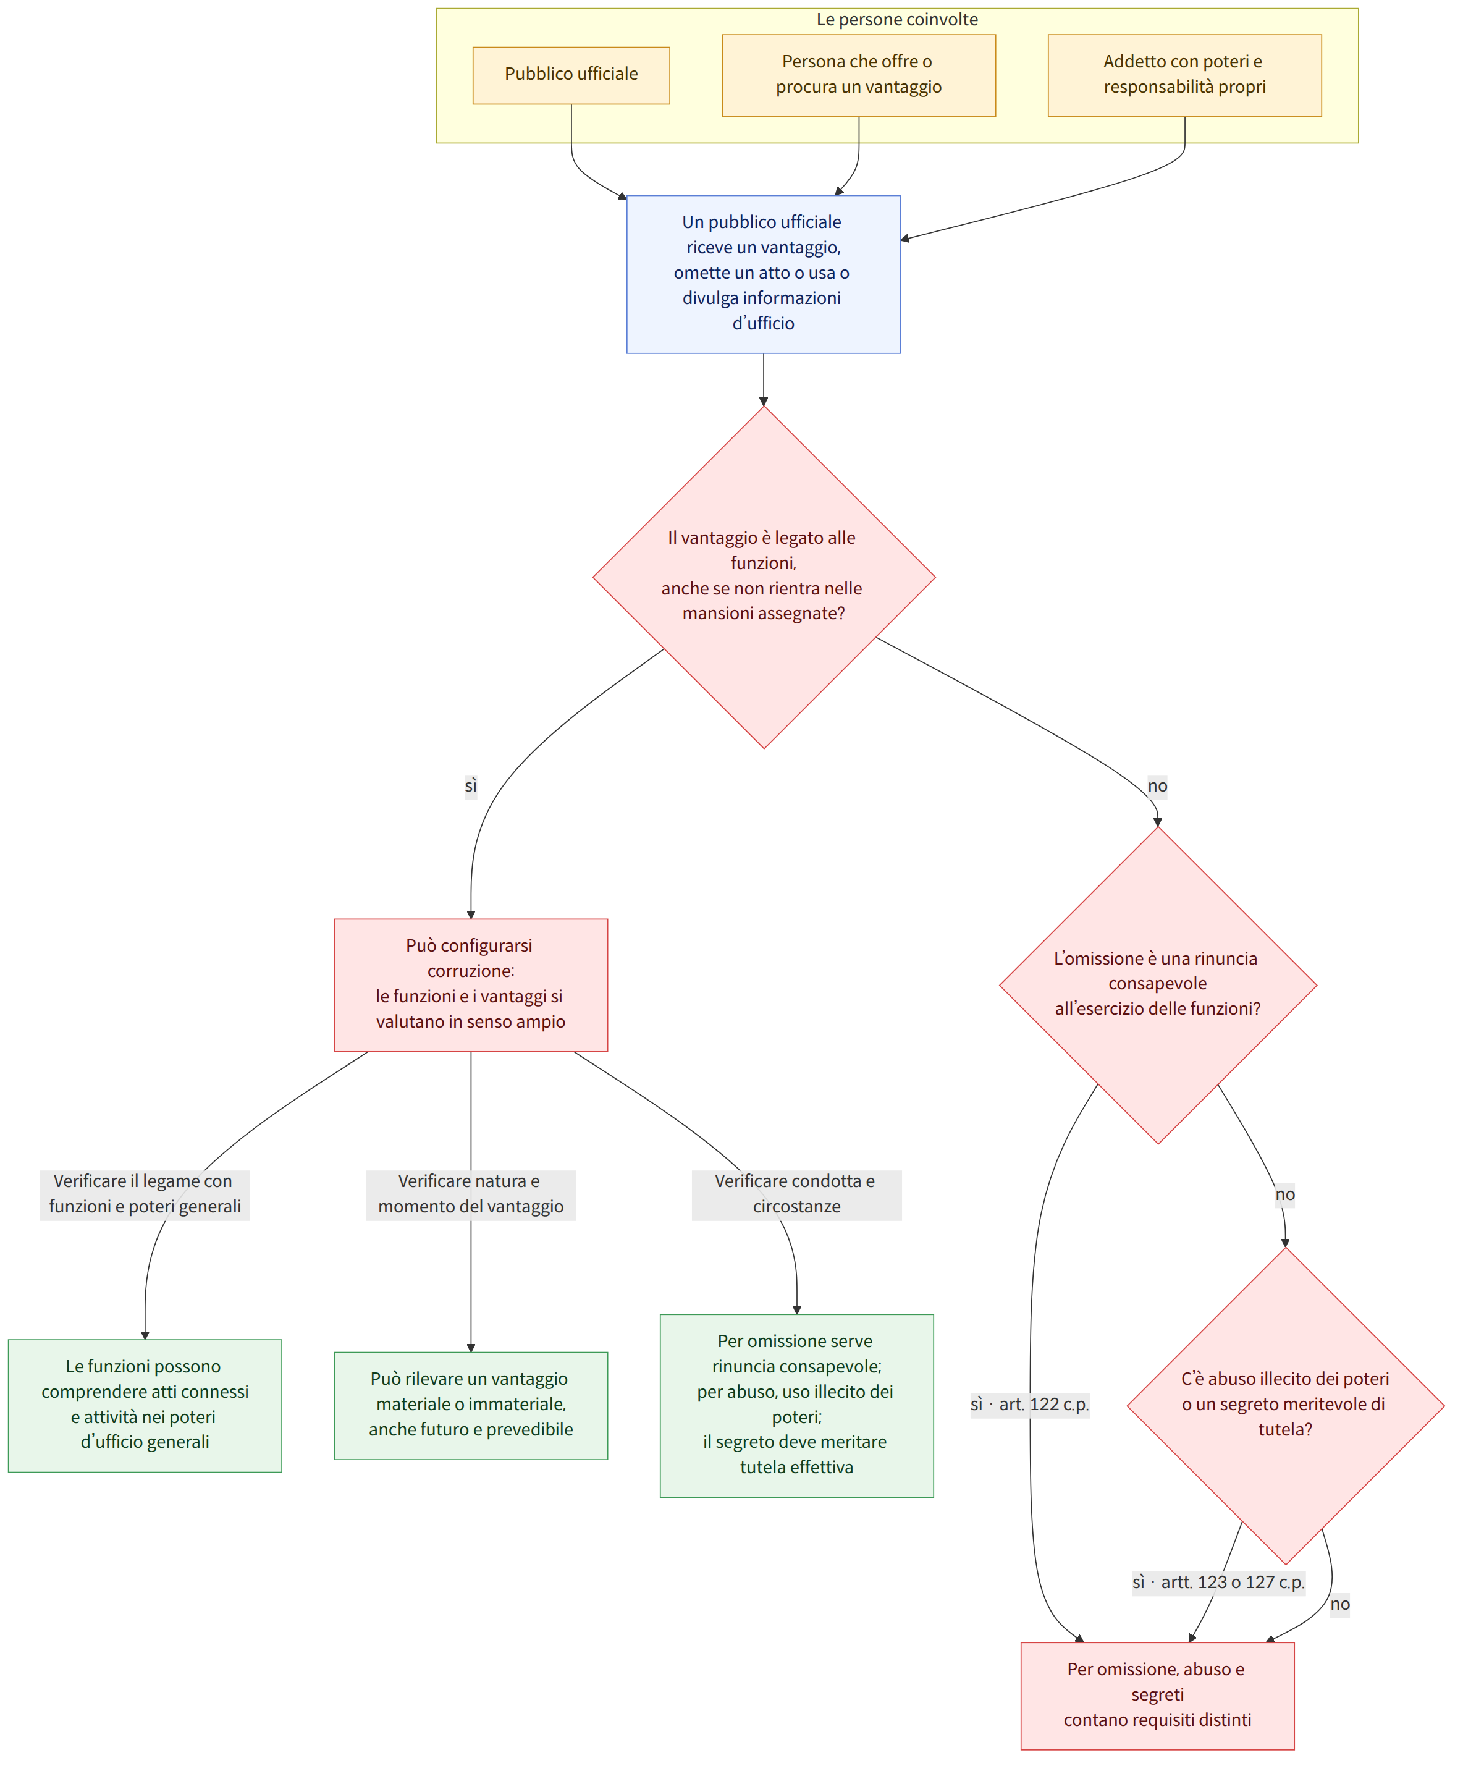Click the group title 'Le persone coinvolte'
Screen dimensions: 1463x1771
896,19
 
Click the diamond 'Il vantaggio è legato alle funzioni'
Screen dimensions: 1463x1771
764,577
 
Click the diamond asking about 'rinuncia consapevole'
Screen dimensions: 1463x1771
1157,984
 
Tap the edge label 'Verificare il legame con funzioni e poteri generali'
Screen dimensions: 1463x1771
145,1194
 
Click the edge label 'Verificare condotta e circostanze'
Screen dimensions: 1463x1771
796,1194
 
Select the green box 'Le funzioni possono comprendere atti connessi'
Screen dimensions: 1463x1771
145,1405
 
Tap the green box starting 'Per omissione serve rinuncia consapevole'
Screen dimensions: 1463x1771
796,1405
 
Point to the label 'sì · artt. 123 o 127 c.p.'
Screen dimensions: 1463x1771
1218,1582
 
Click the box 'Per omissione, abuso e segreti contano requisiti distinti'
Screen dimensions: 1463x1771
1157,1695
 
